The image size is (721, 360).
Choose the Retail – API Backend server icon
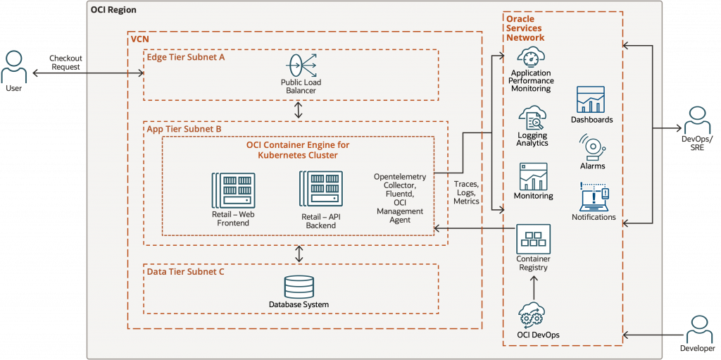320,189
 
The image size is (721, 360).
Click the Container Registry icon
533,239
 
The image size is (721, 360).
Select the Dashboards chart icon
591,99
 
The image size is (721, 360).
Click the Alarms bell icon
591,147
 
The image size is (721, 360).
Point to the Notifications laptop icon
593,197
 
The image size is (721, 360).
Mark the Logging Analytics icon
532,116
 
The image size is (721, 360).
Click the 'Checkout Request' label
65,62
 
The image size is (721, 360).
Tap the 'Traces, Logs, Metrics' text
466,192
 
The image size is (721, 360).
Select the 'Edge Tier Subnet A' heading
185,57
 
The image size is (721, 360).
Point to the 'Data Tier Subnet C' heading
185,271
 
